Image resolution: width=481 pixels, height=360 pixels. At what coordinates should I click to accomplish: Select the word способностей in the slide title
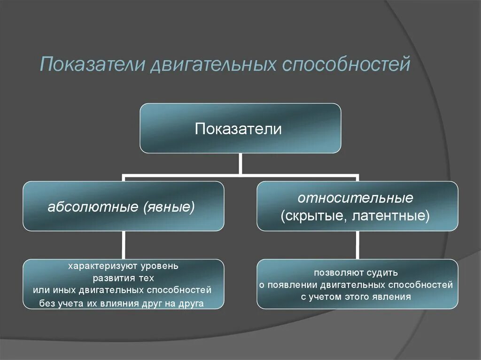[346, 64]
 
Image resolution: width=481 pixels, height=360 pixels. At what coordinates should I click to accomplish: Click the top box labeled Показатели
[240, 128]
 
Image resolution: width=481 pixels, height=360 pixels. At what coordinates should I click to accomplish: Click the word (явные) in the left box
[170, 207]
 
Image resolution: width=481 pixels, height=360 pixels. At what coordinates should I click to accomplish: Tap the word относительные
[356, 198]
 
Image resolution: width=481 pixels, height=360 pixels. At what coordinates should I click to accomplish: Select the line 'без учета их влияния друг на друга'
[122, 303]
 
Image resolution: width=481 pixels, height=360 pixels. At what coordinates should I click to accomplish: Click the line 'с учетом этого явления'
[356, 297]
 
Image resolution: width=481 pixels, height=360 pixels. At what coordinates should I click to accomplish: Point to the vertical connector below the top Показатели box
[240, 164]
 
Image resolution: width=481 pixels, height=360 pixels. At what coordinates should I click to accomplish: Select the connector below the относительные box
[357, 245]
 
